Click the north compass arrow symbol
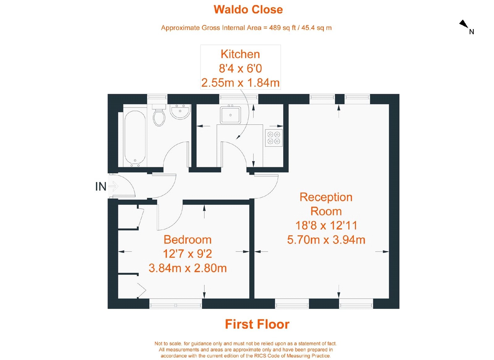tap(464, 24)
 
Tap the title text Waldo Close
tap(248, 10)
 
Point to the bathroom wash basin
tap(180, 112)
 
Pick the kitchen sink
tap(230, 115)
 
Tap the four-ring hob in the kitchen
tap(274, 138)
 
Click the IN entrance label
tap(101, 187)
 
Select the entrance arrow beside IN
tap(113, 186)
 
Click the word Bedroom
tap(187, 240)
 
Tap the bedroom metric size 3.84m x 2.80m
tap(187, 268)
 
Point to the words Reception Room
tap(326, 204)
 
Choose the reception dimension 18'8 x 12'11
tap(326, 226)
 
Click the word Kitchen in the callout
tap(240, 54)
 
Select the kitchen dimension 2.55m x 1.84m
tap(240, 83)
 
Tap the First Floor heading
tap(257, 324)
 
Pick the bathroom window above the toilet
tap(157, 97)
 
